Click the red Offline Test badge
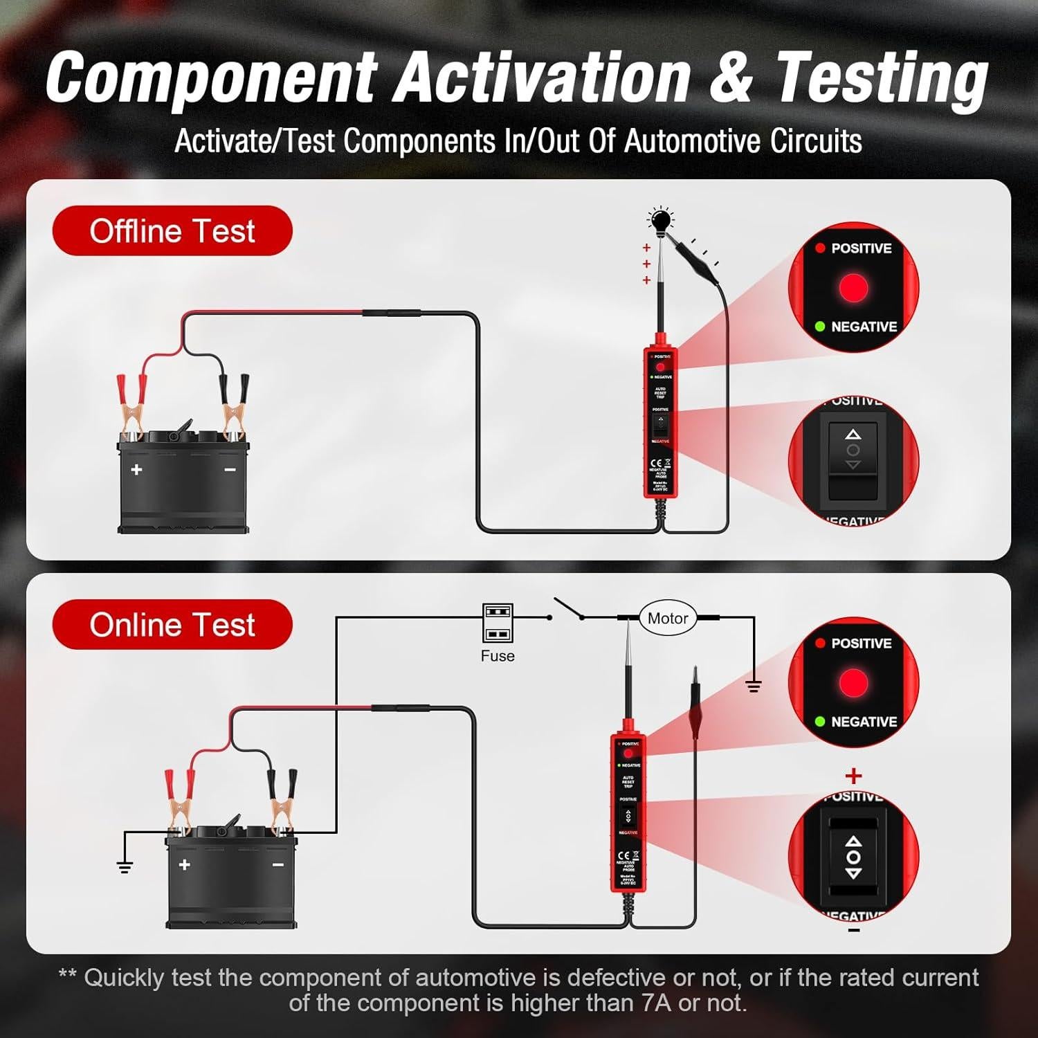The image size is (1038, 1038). pos(172,230)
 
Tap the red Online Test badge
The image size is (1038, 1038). pos(172,624)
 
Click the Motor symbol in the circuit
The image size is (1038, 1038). pos(667,618)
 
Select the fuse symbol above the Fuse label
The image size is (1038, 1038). pos(498,623)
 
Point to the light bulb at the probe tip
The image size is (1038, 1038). pos(661,221)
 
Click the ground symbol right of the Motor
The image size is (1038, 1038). pos(754,686)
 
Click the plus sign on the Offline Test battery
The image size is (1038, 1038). pos(136,469)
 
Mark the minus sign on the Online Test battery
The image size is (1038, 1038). pos(277,865)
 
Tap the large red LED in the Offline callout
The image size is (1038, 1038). pos(853,287)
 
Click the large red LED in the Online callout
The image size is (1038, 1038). pos(853,682)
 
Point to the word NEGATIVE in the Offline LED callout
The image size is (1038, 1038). pos(864,327)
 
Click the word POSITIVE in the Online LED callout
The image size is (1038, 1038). pos(861,643)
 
